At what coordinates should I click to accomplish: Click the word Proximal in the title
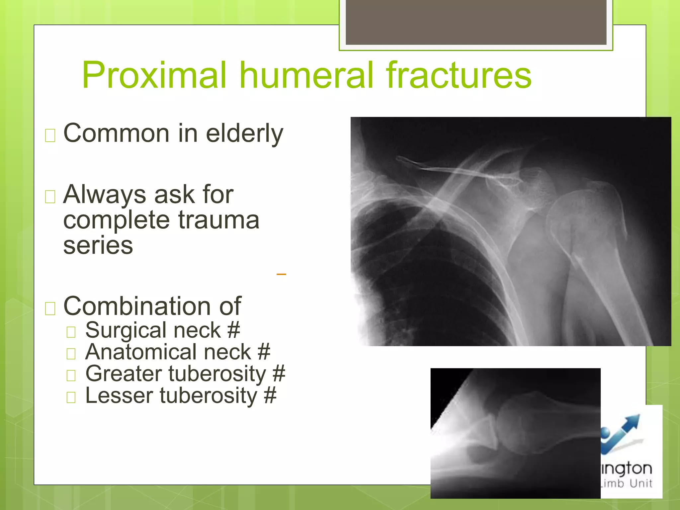coord(155,75)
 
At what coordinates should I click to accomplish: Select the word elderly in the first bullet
coord(244,133)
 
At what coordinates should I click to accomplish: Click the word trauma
coord(219,220)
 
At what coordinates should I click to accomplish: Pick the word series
coord(98,245)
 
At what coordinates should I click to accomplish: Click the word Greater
coord(123,374)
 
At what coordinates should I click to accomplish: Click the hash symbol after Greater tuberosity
coord(279,374)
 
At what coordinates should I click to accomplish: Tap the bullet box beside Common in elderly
coord(50,135)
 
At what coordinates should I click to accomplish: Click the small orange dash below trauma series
coord(281,274)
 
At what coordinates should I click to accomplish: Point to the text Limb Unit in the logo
coord(628,483)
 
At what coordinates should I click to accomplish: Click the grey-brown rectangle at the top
coord(476,22)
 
